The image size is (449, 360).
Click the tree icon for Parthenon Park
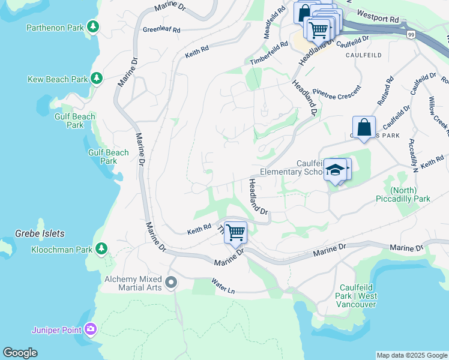point(92,26)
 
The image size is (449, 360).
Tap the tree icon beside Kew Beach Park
point(96,79)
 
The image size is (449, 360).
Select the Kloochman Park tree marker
point(101,248)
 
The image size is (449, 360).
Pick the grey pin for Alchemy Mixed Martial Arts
point(171,281)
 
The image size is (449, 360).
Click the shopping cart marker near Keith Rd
point(236,232)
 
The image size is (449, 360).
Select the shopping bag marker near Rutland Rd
point(364,127)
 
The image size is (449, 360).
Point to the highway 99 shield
point(411,35)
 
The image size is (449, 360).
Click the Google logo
point(20,353)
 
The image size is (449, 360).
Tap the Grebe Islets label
point(39,233)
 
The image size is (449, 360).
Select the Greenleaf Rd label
point(161,29)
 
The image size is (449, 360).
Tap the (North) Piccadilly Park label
point(403,194)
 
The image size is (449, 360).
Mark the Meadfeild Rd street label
point(274,23)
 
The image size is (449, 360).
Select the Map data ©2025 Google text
point(411,355)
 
